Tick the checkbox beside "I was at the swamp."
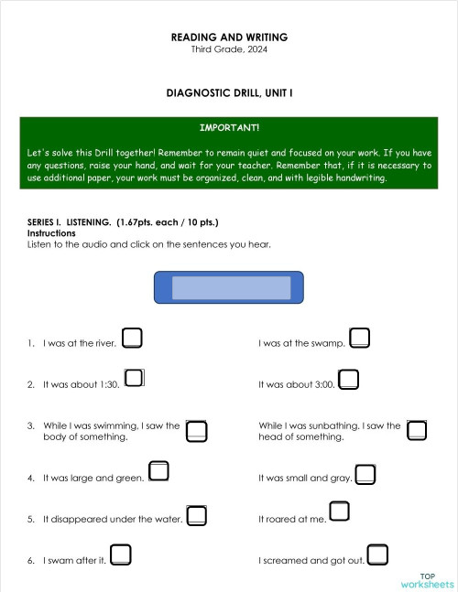[359, 338]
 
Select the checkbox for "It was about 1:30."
[135, 379]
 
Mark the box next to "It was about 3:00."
[348, 379]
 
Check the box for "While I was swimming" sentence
[196, 430]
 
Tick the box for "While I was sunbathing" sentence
[417, 430]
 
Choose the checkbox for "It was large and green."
[158, 472]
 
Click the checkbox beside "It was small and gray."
[365, 474]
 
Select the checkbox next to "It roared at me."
[339, 511]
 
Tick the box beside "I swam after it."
[120, 554]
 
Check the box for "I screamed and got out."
[376, 554]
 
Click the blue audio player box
[229, 286]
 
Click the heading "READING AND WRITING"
[229, 38]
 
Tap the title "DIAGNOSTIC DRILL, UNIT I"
[229, 93]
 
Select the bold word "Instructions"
[51, 233]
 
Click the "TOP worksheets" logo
[426, 580]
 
